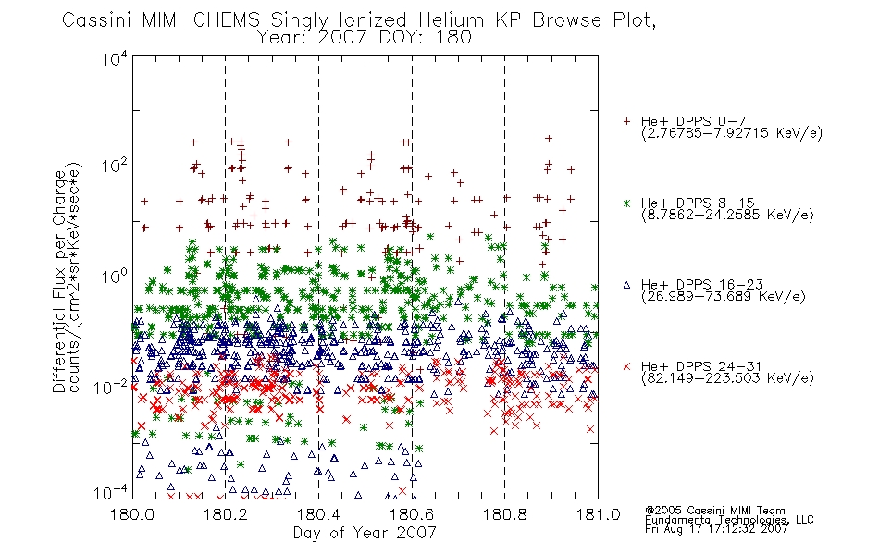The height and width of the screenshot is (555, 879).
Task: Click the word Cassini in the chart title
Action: pos(97,20)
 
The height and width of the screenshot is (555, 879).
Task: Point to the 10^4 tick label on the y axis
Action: pos(115,58)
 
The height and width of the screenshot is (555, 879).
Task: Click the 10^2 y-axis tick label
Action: pos(115,166)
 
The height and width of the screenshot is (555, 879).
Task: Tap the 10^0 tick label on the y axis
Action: pos(115,277)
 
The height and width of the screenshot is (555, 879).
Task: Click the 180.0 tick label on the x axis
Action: pos(133,514)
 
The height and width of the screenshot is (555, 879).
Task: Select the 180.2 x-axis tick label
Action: pos(226,514)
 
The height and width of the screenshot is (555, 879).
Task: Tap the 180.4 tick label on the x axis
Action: pos(318,514)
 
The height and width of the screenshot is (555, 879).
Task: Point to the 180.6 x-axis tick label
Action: pos(412,514)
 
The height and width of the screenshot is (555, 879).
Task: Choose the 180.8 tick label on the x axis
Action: pos(504,514)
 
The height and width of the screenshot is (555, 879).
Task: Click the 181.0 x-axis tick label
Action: pos(598,514)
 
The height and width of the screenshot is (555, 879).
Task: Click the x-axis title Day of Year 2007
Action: pos(365,533)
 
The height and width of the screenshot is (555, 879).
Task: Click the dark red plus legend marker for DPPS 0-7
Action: pos(626,121)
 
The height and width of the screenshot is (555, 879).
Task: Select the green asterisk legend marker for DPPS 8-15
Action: pos(626,203)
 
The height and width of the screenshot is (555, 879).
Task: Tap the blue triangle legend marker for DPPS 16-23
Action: pos(626,285)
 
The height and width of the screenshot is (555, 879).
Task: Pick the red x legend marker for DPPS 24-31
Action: pos(626,366)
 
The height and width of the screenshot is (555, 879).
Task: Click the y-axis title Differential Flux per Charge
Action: pos(59,281)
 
